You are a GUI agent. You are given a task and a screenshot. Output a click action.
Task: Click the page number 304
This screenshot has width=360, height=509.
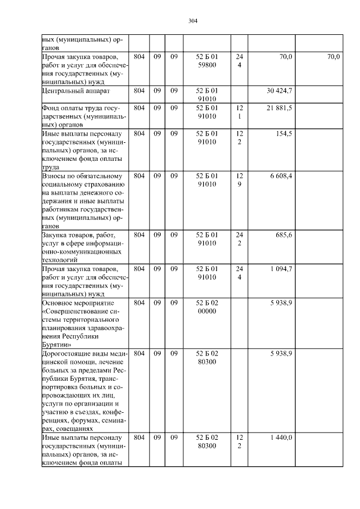click(193, 21)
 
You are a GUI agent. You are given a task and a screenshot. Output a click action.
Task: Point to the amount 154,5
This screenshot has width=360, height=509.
click(282, 134)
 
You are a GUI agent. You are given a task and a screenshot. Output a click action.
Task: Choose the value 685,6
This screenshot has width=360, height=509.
click(282, 235)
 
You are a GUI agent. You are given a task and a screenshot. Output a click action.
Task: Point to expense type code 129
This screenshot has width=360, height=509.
click(239, 180)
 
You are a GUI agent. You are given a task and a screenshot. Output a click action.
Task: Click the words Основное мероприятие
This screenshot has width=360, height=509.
click(76, 303)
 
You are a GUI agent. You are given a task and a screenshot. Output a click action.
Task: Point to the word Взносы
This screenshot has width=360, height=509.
click(53, 176)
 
